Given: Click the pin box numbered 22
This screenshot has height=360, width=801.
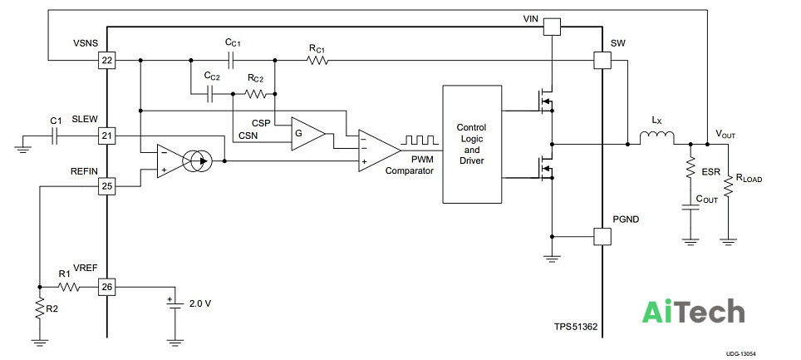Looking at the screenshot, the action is [x=107, y=61].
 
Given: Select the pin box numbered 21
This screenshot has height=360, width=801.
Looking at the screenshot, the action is [x=107, y=136].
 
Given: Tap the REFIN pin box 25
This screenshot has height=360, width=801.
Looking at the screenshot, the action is [x=107, y=186].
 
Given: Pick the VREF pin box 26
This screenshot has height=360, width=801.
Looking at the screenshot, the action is [x=107, y=288].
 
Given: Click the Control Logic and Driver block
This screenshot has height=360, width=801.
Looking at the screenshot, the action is [x=472, y=144].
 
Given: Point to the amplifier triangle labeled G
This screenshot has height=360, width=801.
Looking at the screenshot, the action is [x=307, y=134].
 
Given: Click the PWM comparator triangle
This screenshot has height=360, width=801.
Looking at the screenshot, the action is [x=379, y=150].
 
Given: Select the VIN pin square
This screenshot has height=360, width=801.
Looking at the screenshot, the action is [x=552, y=27].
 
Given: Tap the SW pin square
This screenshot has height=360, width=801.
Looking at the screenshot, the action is [x=602, y=61].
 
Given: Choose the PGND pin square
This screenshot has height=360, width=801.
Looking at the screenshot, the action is [x=602, y=236].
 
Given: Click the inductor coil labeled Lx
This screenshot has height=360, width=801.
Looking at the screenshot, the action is [x=657, y=138].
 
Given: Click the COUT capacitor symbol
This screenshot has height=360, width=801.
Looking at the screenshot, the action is [x=690, y=209].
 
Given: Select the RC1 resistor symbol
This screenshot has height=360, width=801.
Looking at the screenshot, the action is [x=317, y=61].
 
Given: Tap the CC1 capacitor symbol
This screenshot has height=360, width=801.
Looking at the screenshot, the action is [x=232, y=61].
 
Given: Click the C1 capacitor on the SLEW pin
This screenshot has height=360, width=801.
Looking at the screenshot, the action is [x=57, y=136].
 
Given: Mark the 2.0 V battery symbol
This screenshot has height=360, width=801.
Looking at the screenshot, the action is [x=175, y=303].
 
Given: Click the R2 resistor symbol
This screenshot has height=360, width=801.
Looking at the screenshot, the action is [x=39, y=309].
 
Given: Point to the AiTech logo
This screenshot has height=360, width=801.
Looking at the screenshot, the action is [x=693, y=311].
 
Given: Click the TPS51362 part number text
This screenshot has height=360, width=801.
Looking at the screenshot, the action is [x=576, y=326].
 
